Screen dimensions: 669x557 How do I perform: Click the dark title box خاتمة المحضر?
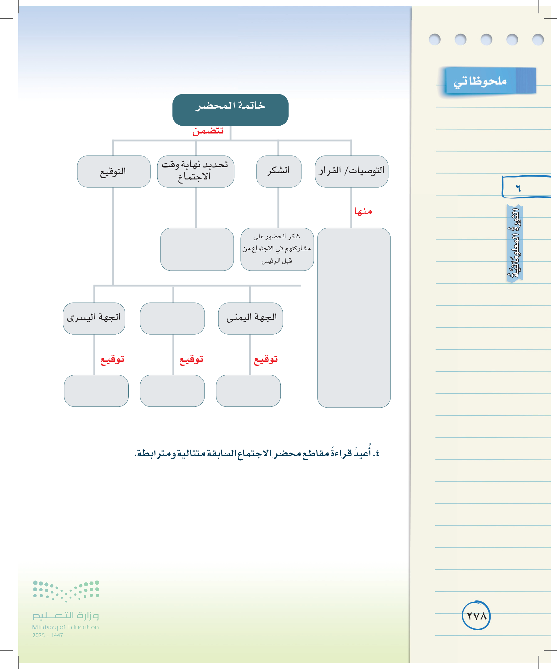[230, 110]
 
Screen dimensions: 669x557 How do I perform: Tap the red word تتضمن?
[208, 131]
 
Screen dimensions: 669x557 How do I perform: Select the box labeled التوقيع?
[114, 171]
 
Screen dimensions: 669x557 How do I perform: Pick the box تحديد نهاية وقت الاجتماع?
[195, 171]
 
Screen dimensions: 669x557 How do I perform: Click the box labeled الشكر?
[279, 171]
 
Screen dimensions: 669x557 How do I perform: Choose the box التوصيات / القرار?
[351, 171]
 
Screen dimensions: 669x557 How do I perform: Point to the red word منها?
[363, 211]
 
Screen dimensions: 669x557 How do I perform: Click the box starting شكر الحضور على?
[277, 249]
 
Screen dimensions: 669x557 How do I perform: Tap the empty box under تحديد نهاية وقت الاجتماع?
[197, 249]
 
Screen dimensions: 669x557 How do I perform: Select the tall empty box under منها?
[354, 318]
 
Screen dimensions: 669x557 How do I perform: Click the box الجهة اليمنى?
[250, 318]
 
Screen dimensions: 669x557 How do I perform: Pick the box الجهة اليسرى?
[94, 318]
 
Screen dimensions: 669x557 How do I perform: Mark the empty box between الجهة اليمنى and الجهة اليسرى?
[172, 318]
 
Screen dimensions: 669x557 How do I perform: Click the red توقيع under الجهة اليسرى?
[112, 360]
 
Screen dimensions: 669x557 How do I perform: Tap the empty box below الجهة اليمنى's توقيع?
[248, 391]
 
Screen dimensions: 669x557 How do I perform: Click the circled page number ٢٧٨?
[476, 616]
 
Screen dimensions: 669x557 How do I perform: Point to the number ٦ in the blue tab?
[519, 189]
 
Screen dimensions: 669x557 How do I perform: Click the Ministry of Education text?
[65, 627]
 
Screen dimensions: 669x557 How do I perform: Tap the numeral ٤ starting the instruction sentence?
[377, 453]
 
